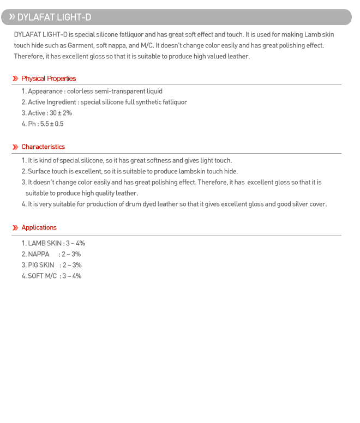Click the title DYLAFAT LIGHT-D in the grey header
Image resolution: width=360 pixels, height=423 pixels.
(x=54, y=17)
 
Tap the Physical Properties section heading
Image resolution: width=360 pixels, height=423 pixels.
(x=49, y=78)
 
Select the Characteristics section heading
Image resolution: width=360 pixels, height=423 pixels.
(x=43, y=147)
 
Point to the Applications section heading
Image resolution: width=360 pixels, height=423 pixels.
(x=39, y=227)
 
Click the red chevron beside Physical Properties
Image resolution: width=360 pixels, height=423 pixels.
(x=15, y=78)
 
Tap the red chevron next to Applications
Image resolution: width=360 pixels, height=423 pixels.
(x=15, y=227)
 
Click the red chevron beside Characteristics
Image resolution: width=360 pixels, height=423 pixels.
(x=15, y=147)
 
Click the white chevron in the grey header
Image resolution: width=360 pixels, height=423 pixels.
(x=11, y=17)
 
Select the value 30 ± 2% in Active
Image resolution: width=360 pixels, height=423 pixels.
(x=61, y=113)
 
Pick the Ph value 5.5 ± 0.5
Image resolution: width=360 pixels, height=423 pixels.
(x=52, y=124)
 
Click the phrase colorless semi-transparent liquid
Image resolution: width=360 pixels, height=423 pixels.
(x=115, y=91)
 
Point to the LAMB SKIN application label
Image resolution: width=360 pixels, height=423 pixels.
(x=45, y=243)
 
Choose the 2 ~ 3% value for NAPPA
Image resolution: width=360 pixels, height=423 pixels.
(x=71, y=254)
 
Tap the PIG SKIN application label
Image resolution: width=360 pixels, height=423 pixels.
(x=41, y=265)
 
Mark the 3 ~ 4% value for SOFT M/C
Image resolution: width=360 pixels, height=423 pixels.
(x=71, y=276)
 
